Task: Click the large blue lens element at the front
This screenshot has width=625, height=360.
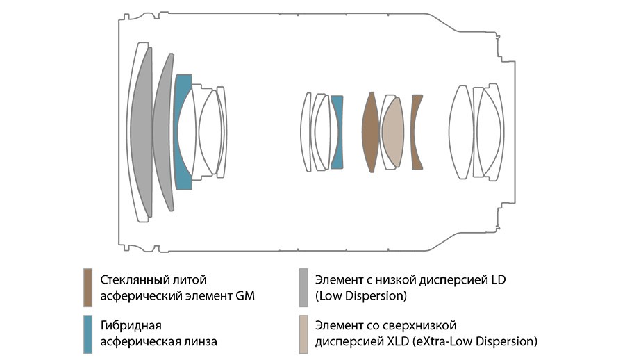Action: pos(181,132)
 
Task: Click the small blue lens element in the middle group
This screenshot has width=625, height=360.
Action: pos(337,132)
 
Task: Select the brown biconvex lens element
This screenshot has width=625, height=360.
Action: pos(370,132)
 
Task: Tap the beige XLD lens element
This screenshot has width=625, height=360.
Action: pos(393,132)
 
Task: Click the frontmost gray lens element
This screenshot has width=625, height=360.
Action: pos(140,132)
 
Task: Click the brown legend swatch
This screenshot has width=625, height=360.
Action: pos(87,288)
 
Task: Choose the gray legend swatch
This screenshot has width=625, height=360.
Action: pos(303,288)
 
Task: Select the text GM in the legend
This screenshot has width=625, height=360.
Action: pos(245,296)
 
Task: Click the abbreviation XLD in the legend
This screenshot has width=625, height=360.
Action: pos(397,341)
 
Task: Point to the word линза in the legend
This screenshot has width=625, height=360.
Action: pos(199,341)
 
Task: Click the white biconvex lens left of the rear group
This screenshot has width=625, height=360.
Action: pos(461,132)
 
